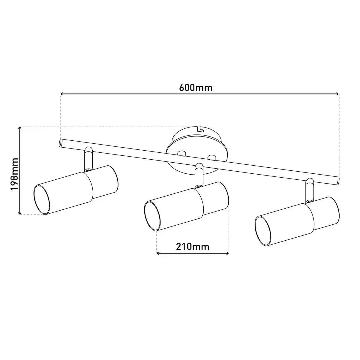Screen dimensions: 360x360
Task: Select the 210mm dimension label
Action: coord(193,247)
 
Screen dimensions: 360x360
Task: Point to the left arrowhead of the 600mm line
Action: coord(62,94)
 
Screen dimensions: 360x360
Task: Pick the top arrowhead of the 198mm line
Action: coord(19,128)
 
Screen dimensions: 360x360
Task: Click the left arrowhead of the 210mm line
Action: coord(158,253)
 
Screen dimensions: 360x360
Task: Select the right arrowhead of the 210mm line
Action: coord(227,253)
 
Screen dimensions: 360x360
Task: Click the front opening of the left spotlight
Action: coord(42,200)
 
